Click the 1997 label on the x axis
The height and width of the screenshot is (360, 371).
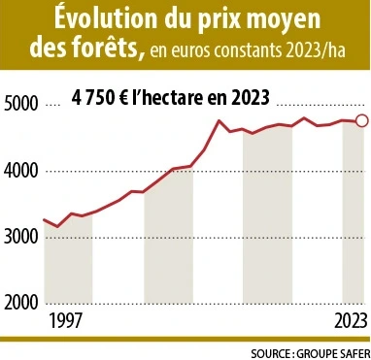64,320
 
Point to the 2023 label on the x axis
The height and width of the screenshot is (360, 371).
349,320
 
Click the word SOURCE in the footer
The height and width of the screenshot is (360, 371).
271,351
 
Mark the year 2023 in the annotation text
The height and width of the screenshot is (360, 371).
251,97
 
